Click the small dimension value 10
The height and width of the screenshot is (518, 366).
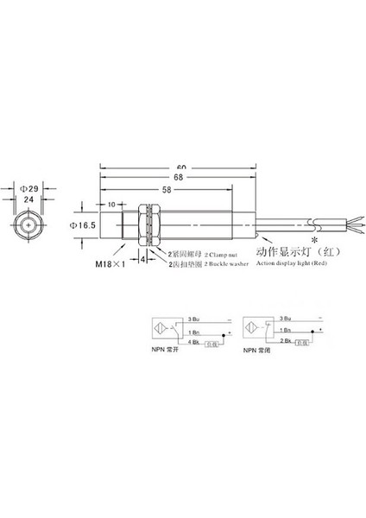pyautogui.click(x=110, y=205)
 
